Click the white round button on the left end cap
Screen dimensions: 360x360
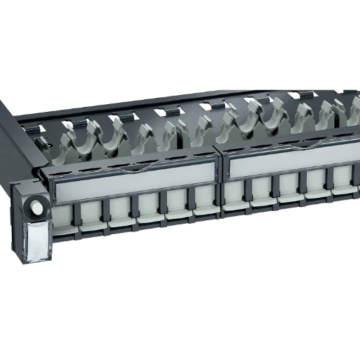[36, 208]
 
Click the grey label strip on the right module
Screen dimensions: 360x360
[294, 167]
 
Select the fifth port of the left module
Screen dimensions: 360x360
[178, 204]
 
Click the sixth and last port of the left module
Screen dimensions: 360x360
[205, 201]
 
